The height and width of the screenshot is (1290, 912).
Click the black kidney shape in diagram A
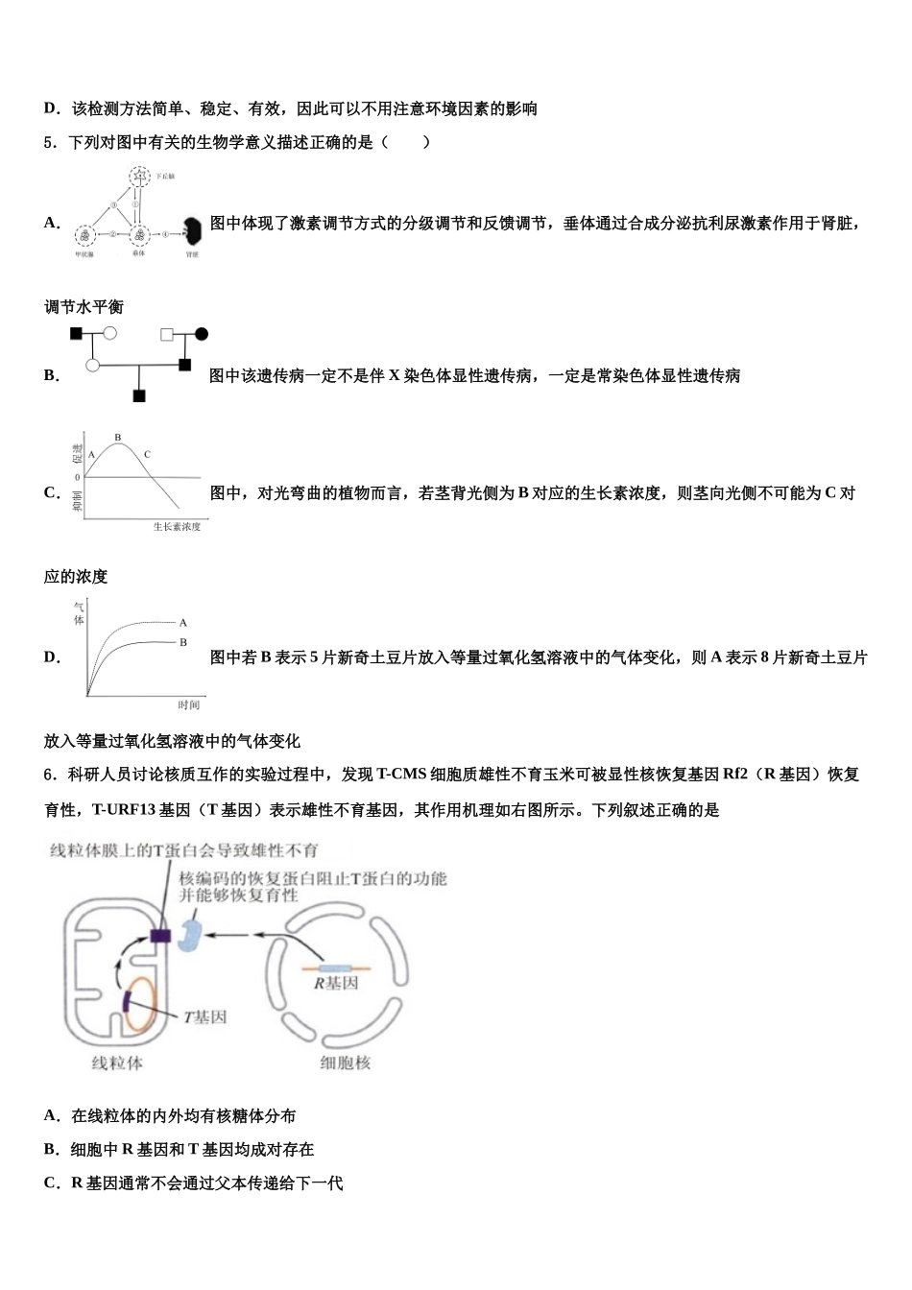pyautogui.click(x=193, y=230)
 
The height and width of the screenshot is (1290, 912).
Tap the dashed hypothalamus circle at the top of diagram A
pyautogui.click(x=140, y=177)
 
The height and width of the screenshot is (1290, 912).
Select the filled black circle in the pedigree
pyautogui.click(x=202, y=334)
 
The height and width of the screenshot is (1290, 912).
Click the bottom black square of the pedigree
pyautogui.click(x=139, y=395)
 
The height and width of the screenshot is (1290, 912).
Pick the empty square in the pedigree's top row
pyautogui.click(x=167, y=334)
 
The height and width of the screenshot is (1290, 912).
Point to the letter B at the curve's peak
pyautogui.click(x=118, y=438)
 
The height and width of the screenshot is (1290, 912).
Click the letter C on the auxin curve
pyautogui.click(x=147, y=454)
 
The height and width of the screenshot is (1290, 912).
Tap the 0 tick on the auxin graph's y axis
pyautogui.click(x=78, y=477)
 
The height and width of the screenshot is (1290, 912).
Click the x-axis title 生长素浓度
pyautogui.click(x=177, y=527)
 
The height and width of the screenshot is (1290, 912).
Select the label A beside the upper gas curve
pyautogui.click(x=183, y=623)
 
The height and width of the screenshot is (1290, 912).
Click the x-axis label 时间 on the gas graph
pyautogui.click(x=188, y=705)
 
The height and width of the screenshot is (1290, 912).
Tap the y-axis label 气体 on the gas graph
pyautogui.click(x=79, y=613)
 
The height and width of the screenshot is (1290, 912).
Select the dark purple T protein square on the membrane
pyautogui.click(x=160, y=935)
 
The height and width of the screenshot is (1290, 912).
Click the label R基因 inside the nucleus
pyautogui.click(x=336, y=984)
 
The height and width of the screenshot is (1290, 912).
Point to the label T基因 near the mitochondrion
pyautogui.click(x=204, y=1016)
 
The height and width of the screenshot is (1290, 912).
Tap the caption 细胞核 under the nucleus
pyautogui.click(x=345, y=1063)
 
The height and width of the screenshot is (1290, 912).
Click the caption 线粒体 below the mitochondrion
pyautogui.click(x=117, y=1063)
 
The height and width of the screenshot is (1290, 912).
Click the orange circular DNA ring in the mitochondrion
pyautogui.click(x=141, y=1004)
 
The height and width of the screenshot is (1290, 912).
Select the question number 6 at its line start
pyautogui.click(x=49, y=775)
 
